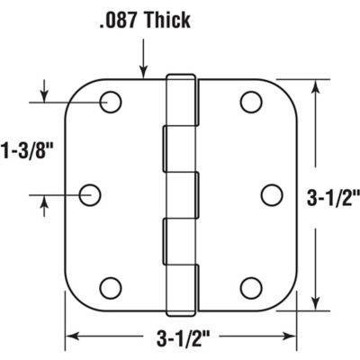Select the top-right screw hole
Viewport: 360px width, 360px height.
coord(250,101)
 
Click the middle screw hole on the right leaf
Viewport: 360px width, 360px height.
coord(269,193)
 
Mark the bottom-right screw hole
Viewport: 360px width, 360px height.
coord(250,288)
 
